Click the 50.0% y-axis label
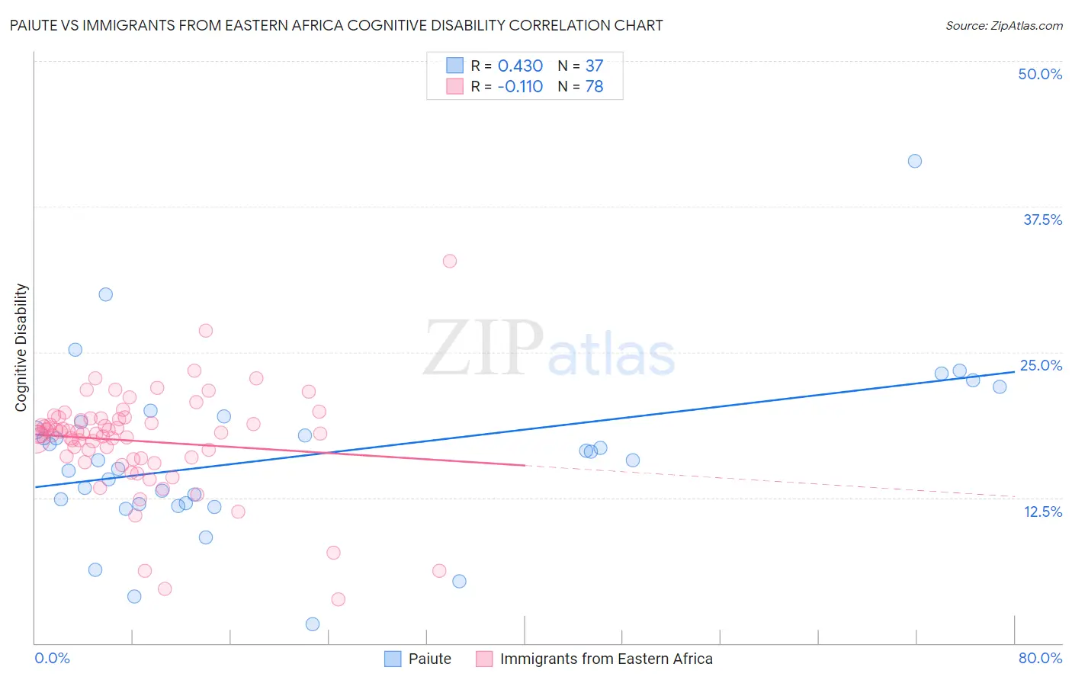pos(1040,75)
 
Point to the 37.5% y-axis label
pos(1042,220)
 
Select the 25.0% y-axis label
pos(1041,366)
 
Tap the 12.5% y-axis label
pos(1042,512)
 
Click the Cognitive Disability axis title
pos(21,348)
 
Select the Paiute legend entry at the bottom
pos(429,659)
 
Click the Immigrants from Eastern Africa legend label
pos(606,659)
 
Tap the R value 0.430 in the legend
pos(520,66)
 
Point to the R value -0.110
pos(520,87)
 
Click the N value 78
pos(594,87)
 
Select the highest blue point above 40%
pos(915,161)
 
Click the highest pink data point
pos(450,261)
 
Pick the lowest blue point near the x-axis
pos(313,624)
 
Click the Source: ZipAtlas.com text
pos(1003,26)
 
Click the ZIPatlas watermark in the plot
pos(549,349)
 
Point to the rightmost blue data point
pos(1000,387)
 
